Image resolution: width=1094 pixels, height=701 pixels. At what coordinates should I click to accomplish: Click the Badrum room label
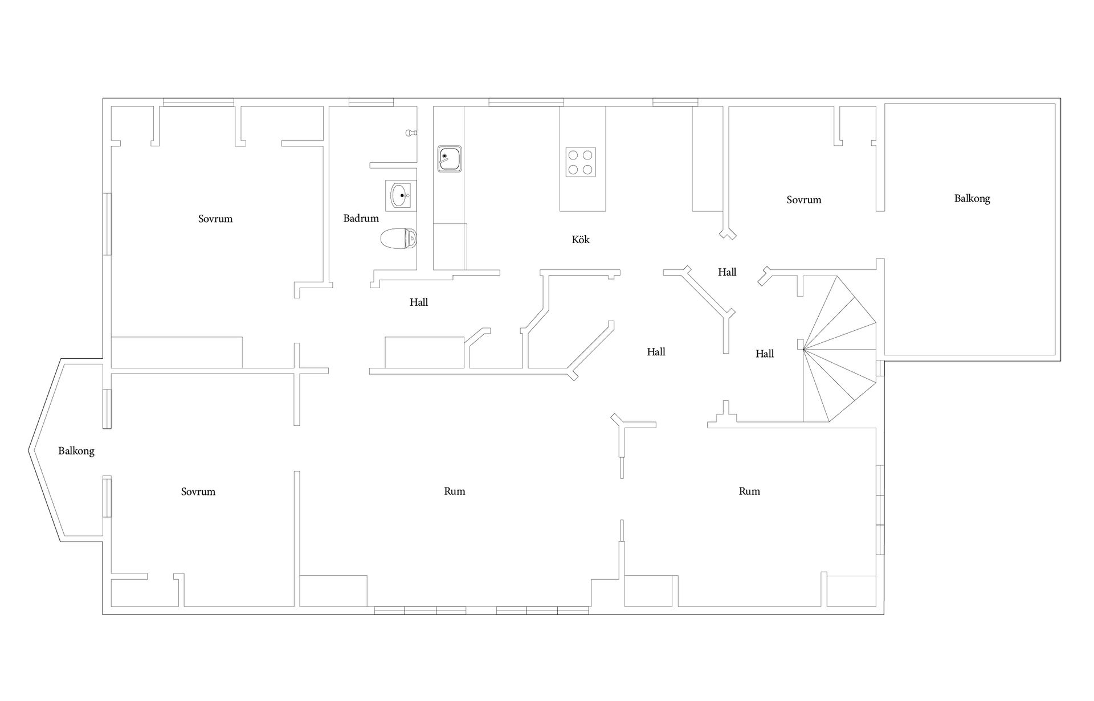click(x=361, y=218)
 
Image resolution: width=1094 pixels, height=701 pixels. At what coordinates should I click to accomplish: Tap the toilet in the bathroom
click(x=398, y=239)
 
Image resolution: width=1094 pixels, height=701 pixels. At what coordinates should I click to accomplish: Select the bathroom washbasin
click(x=401, y=195)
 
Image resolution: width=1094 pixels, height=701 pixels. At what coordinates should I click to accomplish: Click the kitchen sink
click(x=450, y=159)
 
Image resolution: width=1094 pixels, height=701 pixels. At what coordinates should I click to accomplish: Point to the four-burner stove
click(x=581, y=162)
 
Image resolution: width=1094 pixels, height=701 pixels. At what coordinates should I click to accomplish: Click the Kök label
click(x=581, y=240)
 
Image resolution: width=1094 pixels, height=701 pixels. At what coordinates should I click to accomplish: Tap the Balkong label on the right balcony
click(x=972, y=199)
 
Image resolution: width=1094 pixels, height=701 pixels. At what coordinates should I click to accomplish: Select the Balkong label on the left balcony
click(x=76, y=451)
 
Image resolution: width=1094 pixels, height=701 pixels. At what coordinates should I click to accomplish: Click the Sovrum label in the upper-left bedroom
click(x=215, y=219)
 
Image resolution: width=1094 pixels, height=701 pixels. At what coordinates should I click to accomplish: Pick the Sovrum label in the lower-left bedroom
click(x=198, y=491)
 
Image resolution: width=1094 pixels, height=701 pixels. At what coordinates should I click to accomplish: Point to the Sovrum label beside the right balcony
click(x=804, y=200)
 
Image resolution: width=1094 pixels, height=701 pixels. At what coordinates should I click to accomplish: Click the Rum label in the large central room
click(x=455, y=491)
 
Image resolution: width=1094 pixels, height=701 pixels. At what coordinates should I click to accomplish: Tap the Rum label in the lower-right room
click(x=749, y=491)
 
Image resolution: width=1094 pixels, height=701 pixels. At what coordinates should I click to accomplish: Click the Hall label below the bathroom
click(x=419, y=302)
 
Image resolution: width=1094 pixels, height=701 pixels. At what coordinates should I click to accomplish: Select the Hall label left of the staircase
click(x=765, y=354)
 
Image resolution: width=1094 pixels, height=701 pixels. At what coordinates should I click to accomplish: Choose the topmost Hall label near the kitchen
click(x=727, y=272)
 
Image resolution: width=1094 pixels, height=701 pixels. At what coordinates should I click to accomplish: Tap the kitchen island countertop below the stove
click(x=582, y=194)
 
